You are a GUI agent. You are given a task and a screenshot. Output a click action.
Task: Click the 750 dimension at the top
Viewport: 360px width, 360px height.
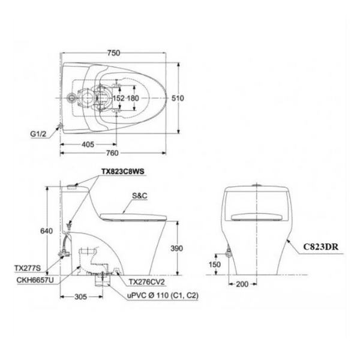click(113, 53)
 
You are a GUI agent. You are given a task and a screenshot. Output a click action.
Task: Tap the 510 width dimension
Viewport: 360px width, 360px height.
click(178, 98)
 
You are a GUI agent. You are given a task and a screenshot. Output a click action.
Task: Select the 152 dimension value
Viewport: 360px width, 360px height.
click(118, 98)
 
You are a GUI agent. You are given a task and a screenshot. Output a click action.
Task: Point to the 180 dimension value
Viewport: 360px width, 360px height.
click(133, 98)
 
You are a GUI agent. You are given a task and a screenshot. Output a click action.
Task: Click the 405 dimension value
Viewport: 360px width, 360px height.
click(88, 145)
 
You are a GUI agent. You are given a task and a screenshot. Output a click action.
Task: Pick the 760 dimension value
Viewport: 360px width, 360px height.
click(112, 153)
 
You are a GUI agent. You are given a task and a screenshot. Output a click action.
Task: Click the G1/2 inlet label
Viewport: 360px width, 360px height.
click(38, 134)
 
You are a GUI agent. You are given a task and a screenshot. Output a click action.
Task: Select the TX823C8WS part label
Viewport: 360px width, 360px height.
click(123, 172)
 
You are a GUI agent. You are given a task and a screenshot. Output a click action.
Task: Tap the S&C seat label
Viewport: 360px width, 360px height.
click(140, 196)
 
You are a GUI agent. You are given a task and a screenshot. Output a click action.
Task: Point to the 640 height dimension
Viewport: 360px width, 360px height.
click(46, 231)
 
